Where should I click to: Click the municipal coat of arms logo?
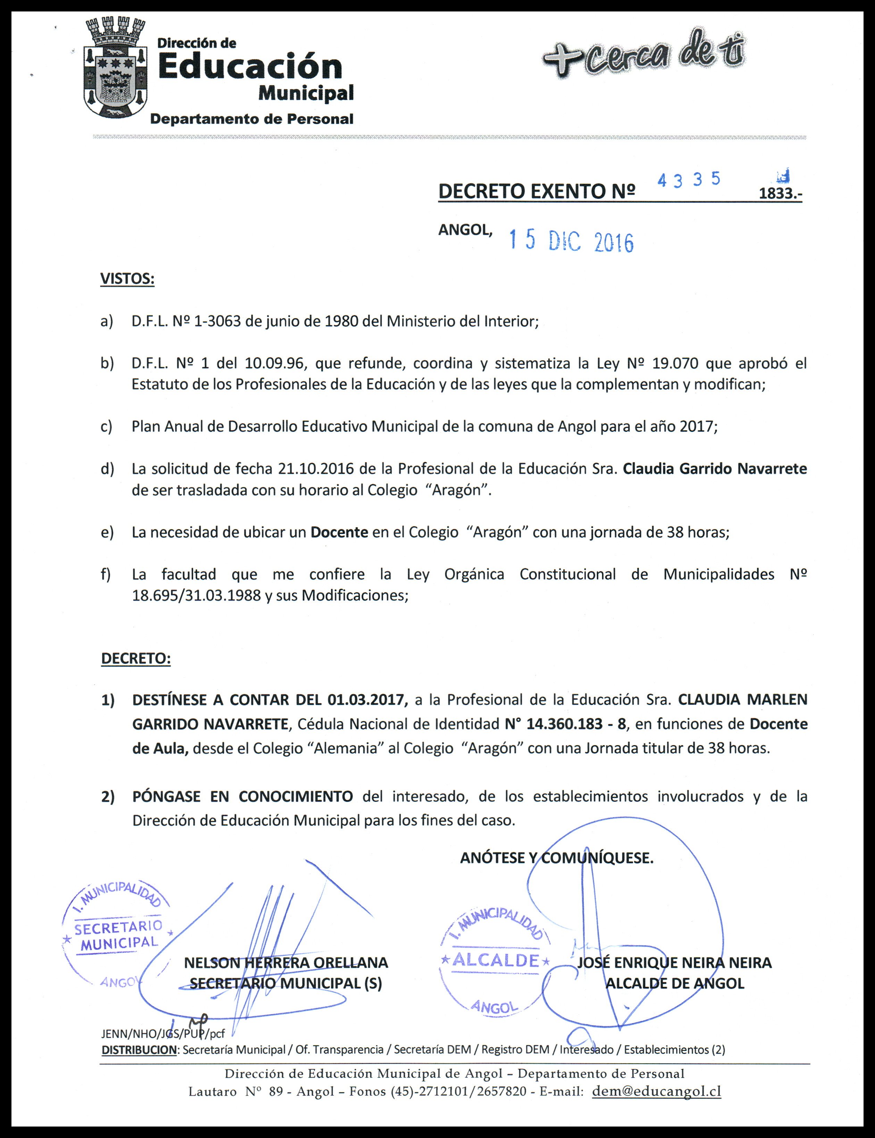(115, 70)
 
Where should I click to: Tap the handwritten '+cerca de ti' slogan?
(644, 55)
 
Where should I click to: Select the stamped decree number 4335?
(689, 180)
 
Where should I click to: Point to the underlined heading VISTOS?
(127, 279)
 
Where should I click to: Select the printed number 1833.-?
(780, 193)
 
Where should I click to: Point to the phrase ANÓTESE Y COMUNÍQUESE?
(556, 858)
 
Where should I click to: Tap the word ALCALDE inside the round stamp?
(495, 960)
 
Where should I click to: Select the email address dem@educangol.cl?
(656, 1091)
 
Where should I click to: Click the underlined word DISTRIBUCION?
(139, 1049)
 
